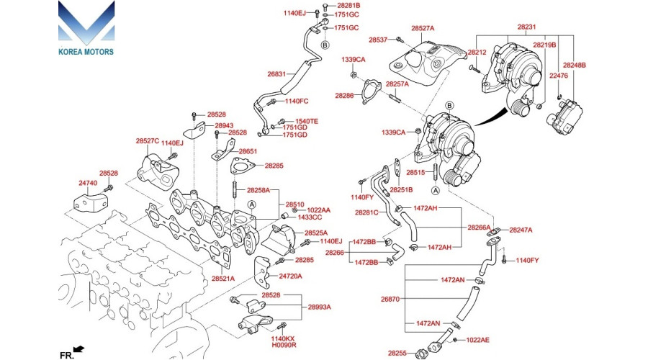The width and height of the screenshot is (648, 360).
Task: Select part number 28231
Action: (526, 27)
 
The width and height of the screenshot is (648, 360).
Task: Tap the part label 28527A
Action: (423, 28)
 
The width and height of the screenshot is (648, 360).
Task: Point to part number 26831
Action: (276, 73)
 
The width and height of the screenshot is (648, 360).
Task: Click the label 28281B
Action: (348, 5)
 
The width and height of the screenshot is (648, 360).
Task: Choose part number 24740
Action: (88, 184)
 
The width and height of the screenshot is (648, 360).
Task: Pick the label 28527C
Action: (147, 141)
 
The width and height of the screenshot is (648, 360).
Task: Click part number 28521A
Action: (223, 278)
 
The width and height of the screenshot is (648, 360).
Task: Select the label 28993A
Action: (319, 307)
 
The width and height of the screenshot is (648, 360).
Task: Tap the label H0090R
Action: (283, 346)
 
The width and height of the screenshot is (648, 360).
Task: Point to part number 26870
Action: (390, 298)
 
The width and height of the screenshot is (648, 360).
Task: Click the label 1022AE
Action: (477, 339)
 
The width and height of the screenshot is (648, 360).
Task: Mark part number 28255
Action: (397, 353)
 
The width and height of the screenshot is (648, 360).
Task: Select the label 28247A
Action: (521, 230)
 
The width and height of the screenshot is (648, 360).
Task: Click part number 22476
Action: (559, 76)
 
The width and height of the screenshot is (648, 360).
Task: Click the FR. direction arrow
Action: (78, 350)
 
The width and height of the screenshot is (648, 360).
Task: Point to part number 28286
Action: (344, 95)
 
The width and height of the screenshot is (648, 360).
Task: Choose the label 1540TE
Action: (307, 121)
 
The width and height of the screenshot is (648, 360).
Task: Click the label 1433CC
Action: (310, 217)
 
